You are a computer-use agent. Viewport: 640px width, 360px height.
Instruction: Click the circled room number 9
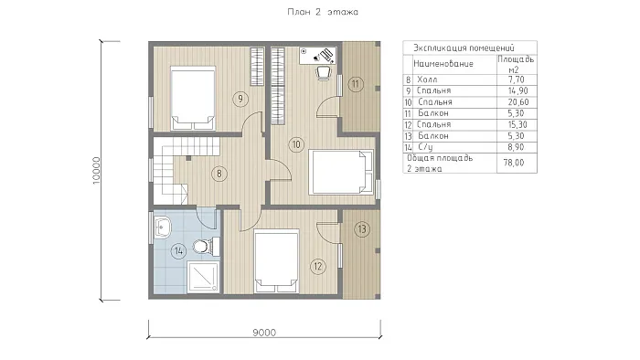[240, 99]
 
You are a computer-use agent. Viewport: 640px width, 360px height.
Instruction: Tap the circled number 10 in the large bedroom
[296, 144]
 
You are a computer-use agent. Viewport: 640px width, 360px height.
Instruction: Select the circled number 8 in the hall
[219, 175]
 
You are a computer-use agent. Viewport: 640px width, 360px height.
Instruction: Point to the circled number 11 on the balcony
[356, 84]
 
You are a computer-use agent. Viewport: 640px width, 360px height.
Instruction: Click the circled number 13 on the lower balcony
[362, 229]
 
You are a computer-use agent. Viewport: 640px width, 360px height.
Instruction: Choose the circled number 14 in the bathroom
[179, 250]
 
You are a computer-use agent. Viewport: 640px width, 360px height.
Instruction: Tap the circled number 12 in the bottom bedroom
[318, 267]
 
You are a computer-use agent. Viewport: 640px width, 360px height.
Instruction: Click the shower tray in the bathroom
[203, 277]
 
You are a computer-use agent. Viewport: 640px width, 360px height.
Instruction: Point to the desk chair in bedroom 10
[324, 73]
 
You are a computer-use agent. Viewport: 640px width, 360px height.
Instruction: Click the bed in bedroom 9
[193, 99]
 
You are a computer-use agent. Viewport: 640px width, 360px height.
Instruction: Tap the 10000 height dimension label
[96, 171]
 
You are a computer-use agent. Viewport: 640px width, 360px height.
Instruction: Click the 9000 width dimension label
[264, 333]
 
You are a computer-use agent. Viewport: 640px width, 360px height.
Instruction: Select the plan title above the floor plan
[323, 12]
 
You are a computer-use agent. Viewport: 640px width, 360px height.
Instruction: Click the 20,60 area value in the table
[518, 102]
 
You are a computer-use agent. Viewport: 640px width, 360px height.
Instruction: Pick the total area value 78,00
[514, 163]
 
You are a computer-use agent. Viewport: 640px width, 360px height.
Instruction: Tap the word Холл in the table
[427, 79]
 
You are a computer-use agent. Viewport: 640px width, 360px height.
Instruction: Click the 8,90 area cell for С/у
[517, 147]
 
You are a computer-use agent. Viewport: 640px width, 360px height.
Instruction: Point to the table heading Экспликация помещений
[464, 48]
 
